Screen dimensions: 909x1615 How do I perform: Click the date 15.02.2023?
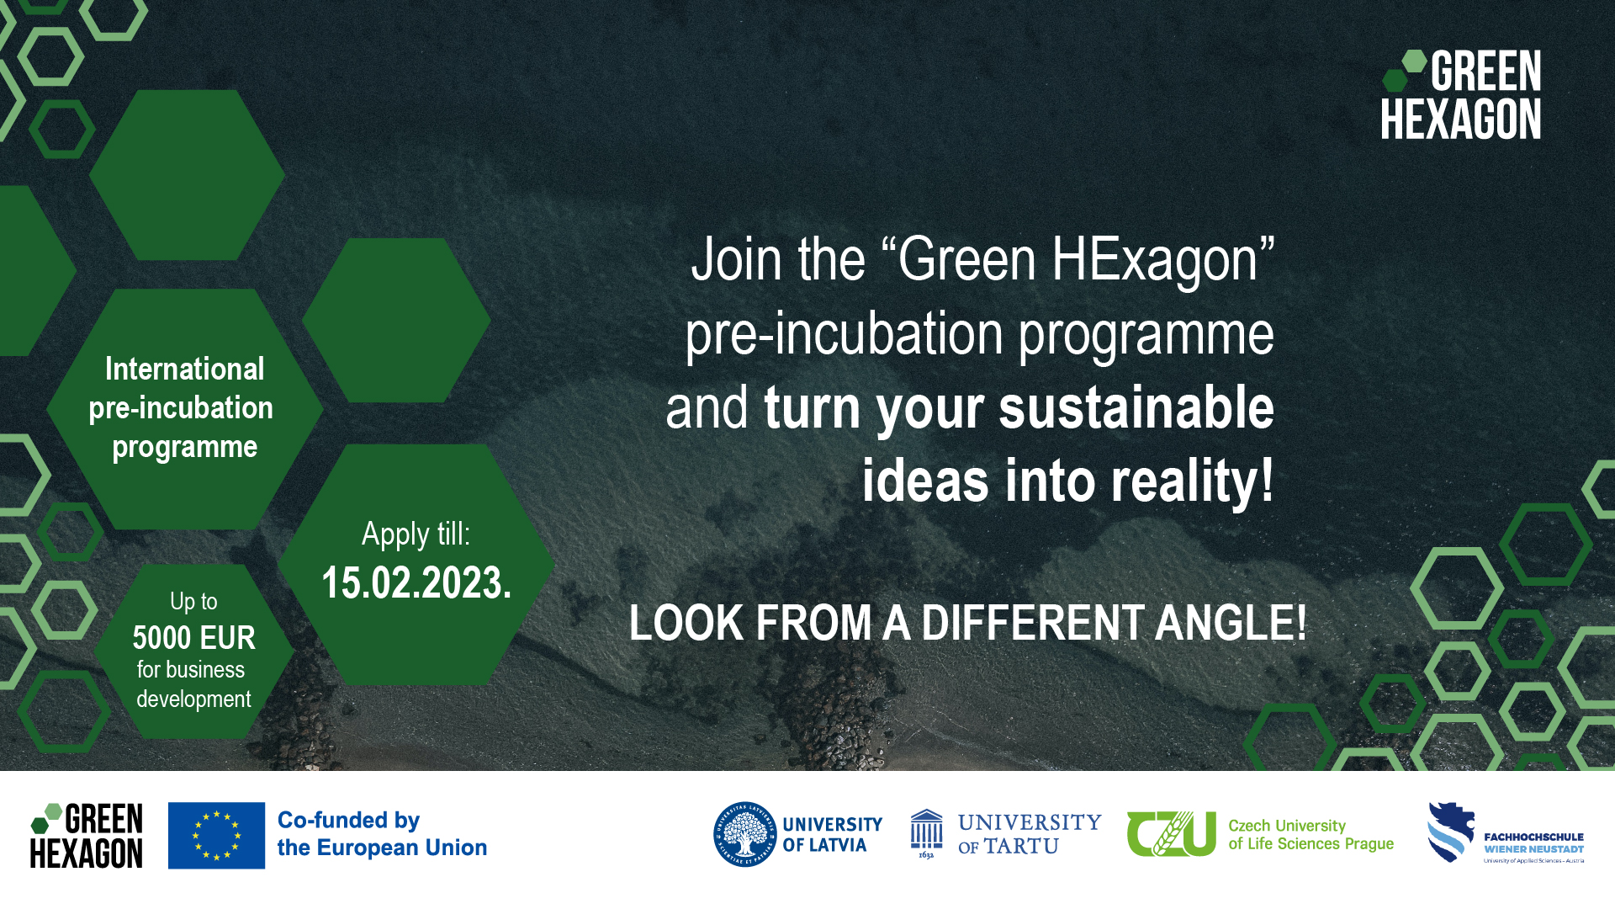coord(416,583)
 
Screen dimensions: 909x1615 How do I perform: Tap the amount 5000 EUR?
coord(193,638)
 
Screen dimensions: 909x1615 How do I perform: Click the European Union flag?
coord(216,835)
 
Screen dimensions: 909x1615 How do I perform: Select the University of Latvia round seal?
coord(744,834)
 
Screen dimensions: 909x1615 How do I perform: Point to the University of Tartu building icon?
coord(926,832)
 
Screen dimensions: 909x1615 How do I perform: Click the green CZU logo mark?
coord(1171,833)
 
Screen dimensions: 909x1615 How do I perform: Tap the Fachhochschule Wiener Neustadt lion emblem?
coord(1451,832)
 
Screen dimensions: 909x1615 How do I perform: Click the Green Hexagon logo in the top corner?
coord(1461,95)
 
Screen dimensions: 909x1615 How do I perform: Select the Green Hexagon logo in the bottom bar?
coord(87,835)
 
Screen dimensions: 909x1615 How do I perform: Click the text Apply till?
coord(416,534)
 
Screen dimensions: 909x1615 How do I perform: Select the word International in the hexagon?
coord(184,369)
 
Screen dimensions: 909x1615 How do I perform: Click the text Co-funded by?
coord(348,820)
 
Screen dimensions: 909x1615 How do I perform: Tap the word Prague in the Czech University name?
coord(1369,844)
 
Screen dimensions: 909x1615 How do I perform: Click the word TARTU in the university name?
coord(1021,847)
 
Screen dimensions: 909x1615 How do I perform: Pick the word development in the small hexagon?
coord(193,699)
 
